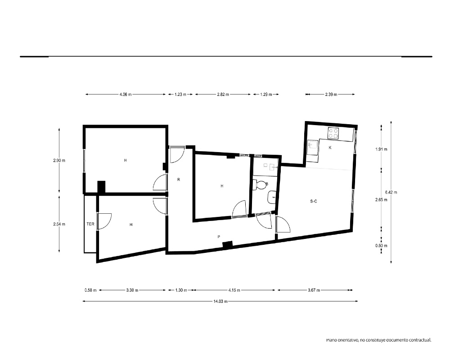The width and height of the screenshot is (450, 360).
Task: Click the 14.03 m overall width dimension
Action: click(220, 301)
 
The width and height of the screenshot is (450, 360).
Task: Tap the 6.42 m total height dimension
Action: click(391, 192)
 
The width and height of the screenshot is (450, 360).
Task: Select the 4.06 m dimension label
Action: click(126, 94)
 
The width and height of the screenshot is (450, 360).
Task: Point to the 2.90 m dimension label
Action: click(59, 161)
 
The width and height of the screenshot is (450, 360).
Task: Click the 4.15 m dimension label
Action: click(234, 290)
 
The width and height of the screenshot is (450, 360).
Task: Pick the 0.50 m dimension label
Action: click(381, 245)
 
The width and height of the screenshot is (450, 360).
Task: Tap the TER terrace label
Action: click(90, 224)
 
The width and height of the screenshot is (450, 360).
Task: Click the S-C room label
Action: click(314, 201)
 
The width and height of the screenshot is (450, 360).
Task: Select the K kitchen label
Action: click(330, 148)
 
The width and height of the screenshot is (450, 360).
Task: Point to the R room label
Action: click(179, 180)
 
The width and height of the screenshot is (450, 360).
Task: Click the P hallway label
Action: click(219, 237)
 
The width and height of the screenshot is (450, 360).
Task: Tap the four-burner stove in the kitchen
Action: click(333, 133)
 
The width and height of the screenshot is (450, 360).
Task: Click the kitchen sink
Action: click(313, 147)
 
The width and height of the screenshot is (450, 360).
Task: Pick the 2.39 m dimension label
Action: click(331, 94)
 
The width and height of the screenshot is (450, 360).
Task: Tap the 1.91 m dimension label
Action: click(381, 149)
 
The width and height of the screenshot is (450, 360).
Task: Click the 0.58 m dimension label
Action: click(90, 290)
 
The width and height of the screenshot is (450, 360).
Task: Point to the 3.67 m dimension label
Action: click(314, 290)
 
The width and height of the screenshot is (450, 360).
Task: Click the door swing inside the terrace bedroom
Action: click(108, 220)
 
